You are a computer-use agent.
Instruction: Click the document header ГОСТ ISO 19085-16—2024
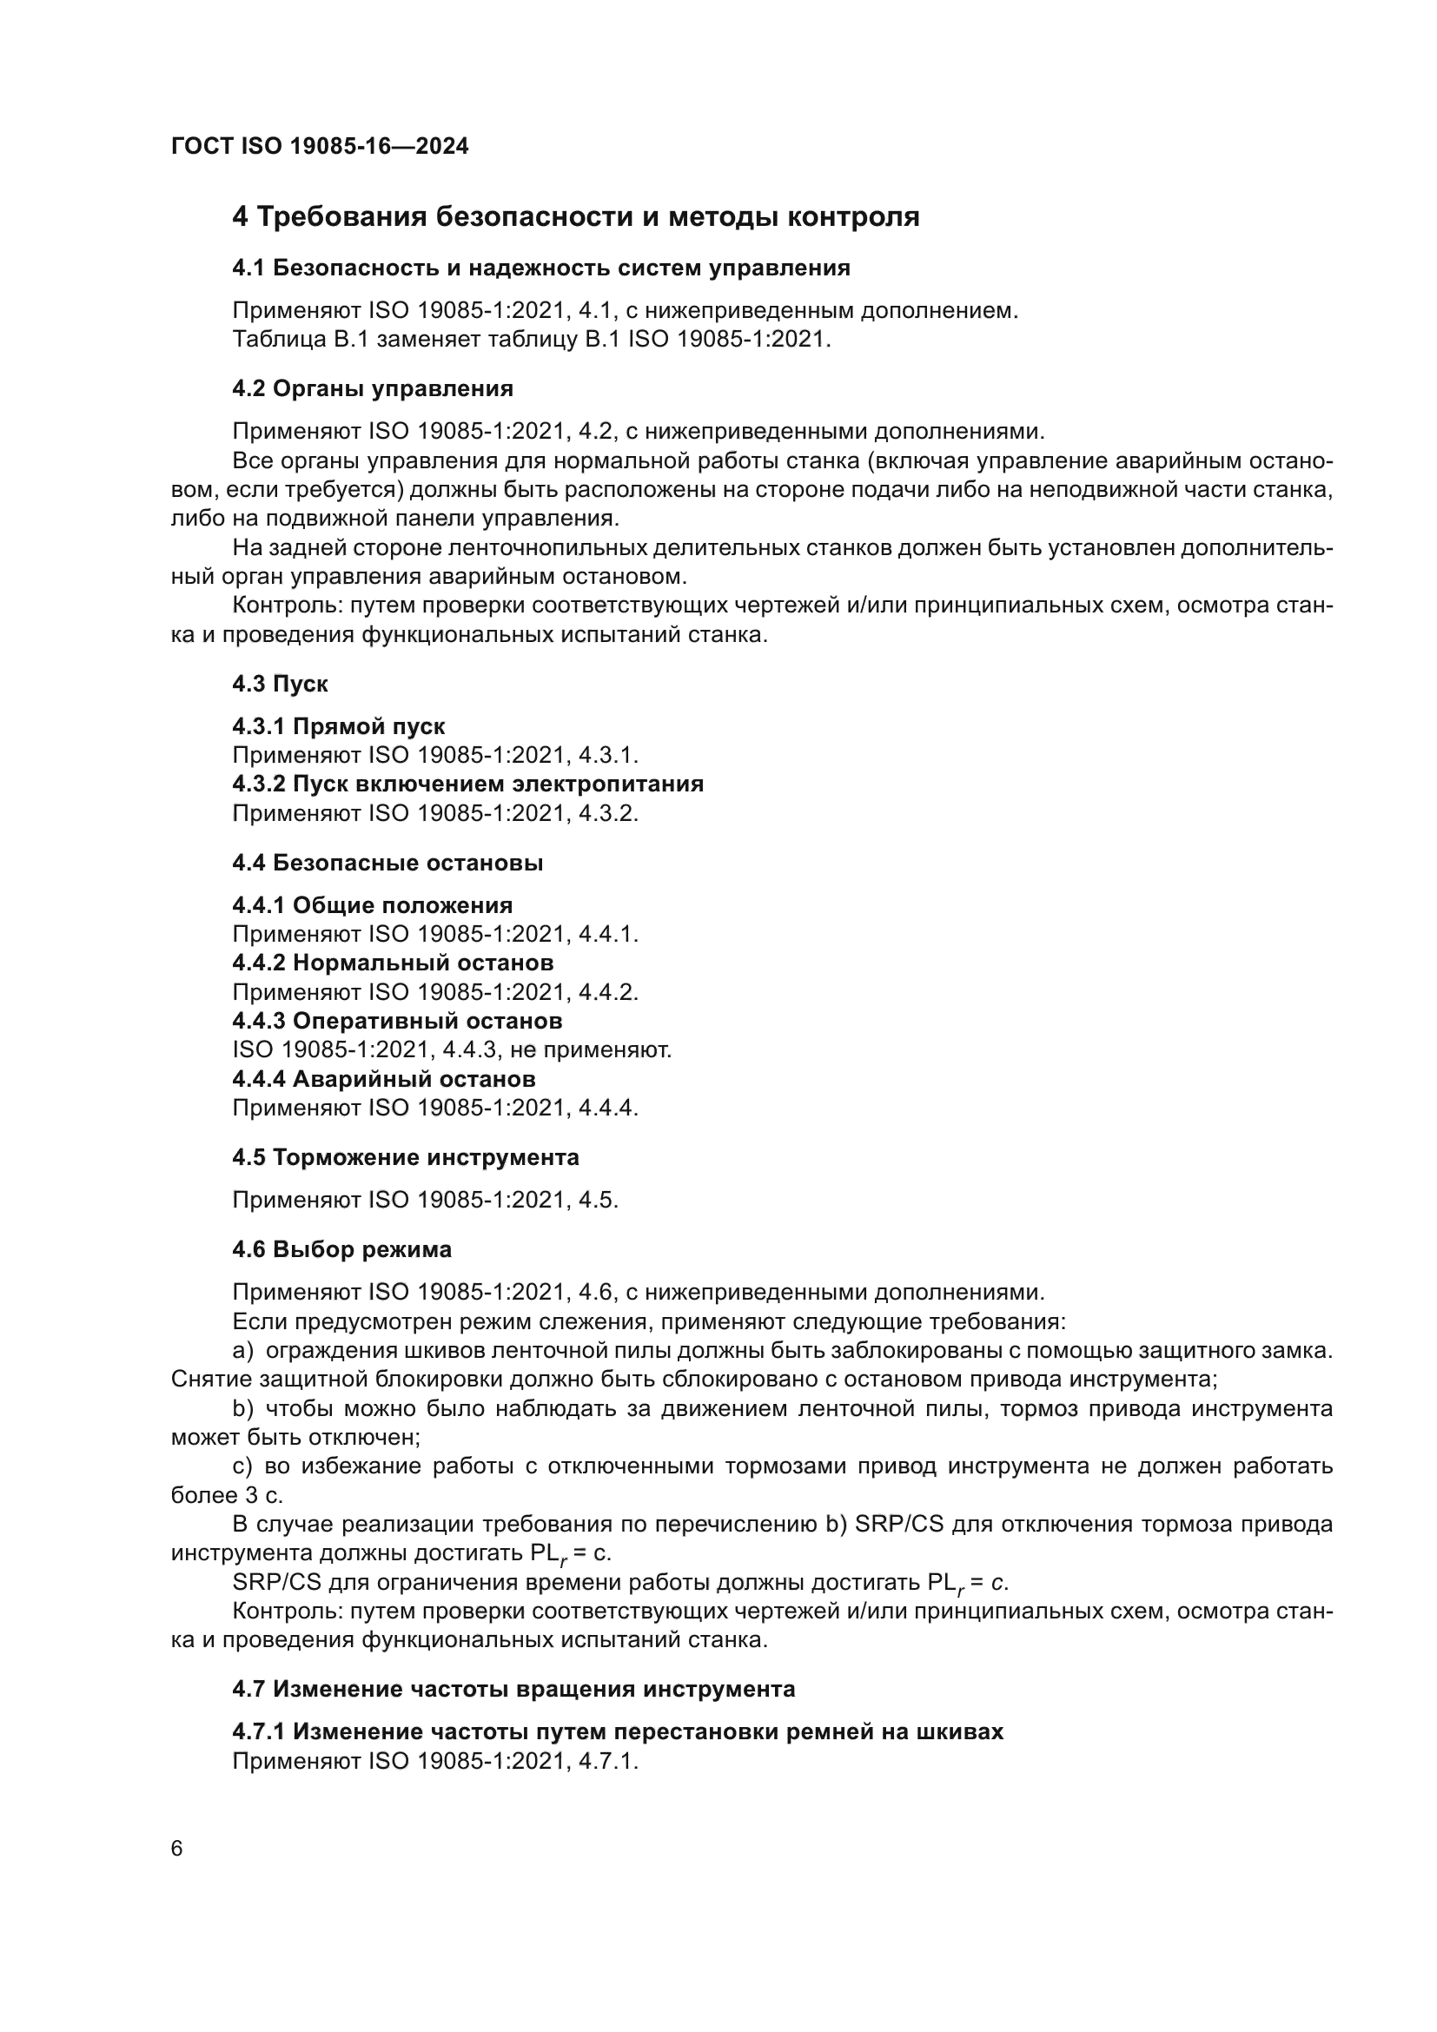(320, 146)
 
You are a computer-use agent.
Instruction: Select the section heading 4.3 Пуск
(280, 683)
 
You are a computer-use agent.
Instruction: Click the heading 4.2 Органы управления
(372, 388)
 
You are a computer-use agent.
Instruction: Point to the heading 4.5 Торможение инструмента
(405, 1156)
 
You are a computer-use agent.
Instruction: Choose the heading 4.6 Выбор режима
(341, 1248)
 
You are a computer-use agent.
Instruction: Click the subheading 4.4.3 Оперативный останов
(396, 1021)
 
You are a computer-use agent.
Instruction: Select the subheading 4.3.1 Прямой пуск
(338, 726)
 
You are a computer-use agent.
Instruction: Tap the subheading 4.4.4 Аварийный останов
(383, 1079)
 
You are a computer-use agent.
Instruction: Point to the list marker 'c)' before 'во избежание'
(242, 1466)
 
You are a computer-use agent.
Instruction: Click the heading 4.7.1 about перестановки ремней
(618, 1731)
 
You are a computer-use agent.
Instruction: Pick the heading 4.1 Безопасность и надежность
(540, 268)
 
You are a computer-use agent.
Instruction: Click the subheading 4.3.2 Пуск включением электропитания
(467, 784)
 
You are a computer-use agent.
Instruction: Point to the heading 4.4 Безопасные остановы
(387, 862)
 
